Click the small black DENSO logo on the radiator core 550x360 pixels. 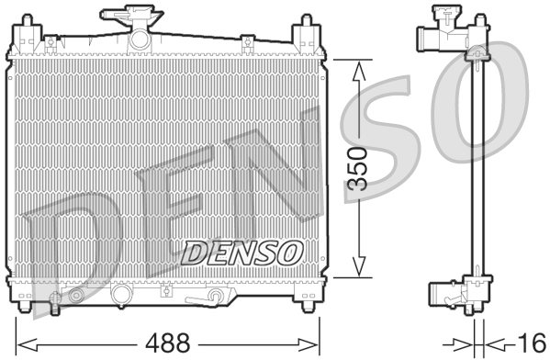click(243, 250)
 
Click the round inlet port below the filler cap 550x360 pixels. click(140, 39)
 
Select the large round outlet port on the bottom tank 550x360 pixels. click(119, 296)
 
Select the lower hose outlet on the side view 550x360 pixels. click(440, 296)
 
